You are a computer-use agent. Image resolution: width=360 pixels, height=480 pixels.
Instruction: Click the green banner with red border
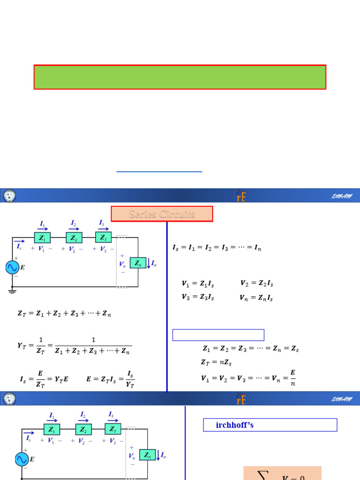tap(180, 77)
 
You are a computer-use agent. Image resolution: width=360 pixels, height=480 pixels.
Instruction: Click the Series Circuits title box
tap(162, 214)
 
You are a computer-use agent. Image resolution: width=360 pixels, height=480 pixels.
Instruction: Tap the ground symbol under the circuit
tap(12, 291)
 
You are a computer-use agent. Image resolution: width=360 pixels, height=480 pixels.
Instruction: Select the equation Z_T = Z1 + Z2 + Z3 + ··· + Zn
tap(64, 314)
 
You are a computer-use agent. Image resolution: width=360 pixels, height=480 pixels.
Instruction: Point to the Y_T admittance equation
tap(74, 346)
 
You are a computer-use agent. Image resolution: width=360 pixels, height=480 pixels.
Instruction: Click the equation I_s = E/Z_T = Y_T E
tap(44, 379)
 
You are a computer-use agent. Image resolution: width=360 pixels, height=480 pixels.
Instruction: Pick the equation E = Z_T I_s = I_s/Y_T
tap(111, 379)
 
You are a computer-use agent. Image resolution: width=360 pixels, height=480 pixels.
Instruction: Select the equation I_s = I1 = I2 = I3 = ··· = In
tap(217, 248)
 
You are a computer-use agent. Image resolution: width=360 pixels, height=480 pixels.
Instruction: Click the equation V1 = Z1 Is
tap(198, 284)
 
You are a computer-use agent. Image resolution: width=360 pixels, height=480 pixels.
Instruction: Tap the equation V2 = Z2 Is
tap(257, 284)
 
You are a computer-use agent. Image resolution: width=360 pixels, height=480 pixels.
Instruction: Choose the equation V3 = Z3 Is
tap(198, 297)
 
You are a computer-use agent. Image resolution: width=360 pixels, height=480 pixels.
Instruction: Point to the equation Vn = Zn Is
tap(256, 298)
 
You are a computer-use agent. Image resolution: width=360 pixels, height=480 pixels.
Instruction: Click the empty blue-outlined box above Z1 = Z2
tap(218, 335)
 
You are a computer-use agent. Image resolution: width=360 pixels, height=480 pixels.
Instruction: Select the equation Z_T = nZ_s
tap(216, 362)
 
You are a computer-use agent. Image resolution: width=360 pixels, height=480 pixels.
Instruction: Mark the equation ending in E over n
tap(248, 378)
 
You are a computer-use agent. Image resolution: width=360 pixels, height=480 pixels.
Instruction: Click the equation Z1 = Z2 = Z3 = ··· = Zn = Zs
tap(250, 349)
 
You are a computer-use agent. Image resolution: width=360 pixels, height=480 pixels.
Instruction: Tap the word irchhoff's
tap(234, 425)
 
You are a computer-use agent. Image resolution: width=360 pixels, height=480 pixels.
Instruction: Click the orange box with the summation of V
tap(282, 473)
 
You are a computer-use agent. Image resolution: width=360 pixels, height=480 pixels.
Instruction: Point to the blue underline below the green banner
tap(159, 172)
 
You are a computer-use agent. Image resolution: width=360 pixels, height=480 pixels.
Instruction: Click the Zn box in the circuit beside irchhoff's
tap(147, 455)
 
